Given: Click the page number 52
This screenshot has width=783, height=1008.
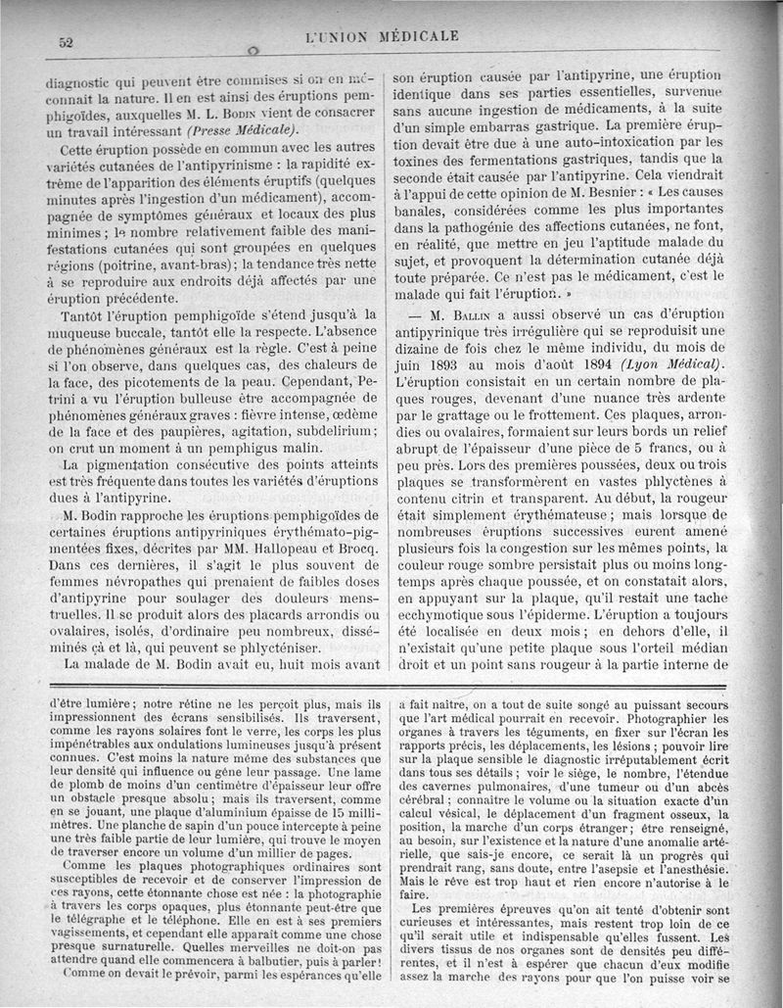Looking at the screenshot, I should [x=68, y=41].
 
